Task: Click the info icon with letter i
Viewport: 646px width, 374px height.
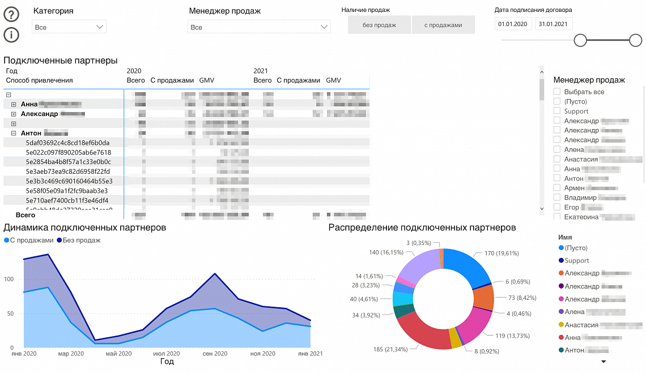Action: point(11,35)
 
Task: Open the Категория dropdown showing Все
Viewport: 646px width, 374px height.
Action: point(69,27)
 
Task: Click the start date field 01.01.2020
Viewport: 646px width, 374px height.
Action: point(513,24)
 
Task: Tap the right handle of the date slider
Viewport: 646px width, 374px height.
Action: point(636,40)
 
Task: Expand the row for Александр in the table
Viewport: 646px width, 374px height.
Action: point(14,114)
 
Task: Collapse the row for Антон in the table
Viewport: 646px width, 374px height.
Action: point(14,134)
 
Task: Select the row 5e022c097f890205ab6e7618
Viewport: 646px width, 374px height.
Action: point(68,152)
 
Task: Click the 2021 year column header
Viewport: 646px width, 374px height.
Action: point(261,71)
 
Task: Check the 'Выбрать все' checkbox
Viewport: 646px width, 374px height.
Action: point(557,92)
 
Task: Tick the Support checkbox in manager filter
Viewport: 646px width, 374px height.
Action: point(557,111)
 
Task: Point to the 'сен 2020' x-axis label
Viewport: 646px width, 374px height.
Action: point(215,354)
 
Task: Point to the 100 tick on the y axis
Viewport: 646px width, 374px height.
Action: point(8,280)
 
